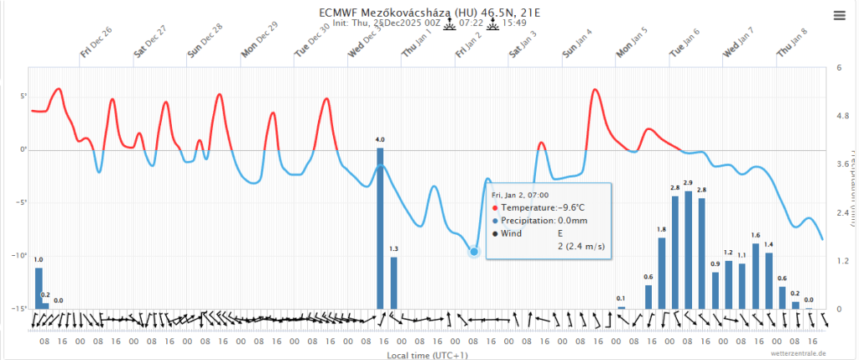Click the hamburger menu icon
click(x=839, y=14)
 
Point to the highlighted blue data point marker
click(x=474, y=251)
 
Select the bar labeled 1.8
click(x=661, y=274)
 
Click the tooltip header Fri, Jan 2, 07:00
click(x=520, y=195)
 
